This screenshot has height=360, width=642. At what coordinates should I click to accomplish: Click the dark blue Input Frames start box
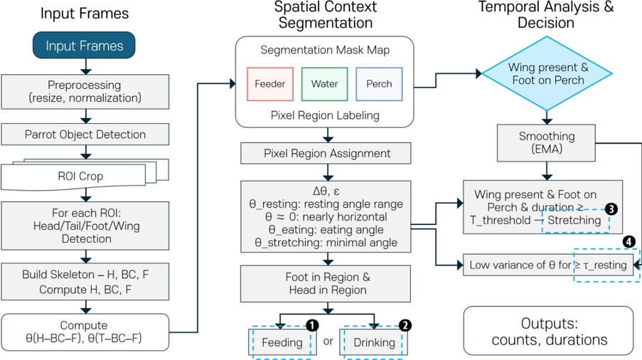click(x=85, y=46)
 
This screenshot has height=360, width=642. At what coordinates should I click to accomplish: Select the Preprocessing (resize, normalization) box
click(x=85, y=90)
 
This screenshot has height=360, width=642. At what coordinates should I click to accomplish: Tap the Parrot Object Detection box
click(x=85, y=134)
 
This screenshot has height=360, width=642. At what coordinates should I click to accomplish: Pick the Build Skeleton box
click(x=85, y=281)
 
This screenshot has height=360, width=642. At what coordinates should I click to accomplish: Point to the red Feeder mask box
click(x=269, y=84)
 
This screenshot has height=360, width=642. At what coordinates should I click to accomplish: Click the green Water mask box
click(x=324, y=84)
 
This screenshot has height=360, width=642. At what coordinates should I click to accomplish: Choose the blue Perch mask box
click(x=379, y=84)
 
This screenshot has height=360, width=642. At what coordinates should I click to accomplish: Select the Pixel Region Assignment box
click(x=326, y=153)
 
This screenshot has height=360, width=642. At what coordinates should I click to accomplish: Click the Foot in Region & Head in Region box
click(x=326, y=282)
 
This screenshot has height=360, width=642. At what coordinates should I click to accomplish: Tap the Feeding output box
click(x=281, y=342)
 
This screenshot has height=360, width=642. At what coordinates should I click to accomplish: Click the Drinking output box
click(x=373, y=342)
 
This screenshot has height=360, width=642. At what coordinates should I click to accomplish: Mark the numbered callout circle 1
click(x=311, y=324)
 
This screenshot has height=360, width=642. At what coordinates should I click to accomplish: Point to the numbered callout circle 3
click(x=611, y=209)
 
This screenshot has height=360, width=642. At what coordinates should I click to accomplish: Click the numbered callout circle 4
click(x=628, y=242)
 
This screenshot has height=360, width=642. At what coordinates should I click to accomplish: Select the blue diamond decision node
click(x=547, y=74)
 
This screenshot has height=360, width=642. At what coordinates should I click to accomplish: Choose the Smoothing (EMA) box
click(x=547, y=143)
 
